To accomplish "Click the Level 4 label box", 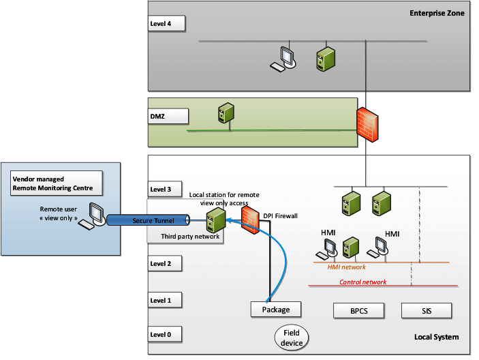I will (x=167, y=23).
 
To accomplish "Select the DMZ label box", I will (x=167, y=117).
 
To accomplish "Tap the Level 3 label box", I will (x=167, y=190).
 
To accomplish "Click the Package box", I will (x=276, y=310).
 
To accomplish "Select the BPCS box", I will (x=358, y=311).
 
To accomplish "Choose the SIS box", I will (x=427, y=311).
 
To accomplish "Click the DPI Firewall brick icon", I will (x=250, y=220).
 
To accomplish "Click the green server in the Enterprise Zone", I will (x=323, y=59).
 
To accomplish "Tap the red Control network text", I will (x=362, y=282).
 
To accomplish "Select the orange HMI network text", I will (x=347, y=267).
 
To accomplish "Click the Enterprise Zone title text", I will (x=436, y=13).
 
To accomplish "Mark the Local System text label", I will (x=436, y=337).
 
